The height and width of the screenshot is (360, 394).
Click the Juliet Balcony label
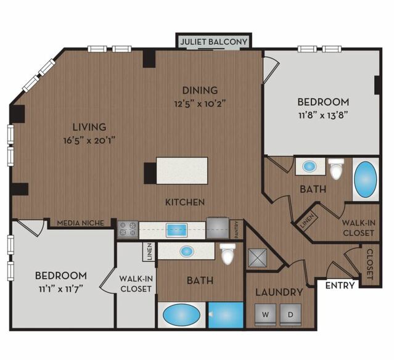coord(213,41)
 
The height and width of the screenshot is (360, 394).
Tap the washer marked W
coord(265,314)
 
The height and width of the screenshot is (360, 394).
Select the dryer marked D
coord(290,314)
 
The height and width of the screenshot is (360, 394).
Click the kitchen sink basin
coord(177,230)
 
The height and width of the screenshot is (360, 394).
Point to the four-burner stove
coord(128,229)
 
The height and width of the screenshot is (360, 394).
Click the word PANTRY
coord(236,230)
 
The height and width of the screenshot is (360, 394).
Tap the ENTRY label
coord(340,285)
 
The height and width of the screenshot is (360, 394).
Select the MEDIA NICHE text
coord(80,223)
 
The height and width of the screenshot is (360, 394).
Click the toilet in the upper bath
coord(336,168)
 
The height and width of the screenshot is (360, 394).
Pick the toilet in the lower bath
coord(228,253)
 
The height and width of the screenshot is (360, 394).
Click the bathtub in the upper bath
coord(366,179)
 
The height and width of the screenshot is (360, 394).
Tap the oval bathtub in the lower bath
coord(182,315)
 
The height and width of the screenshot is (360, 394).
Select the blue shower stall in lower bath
coord(226,315)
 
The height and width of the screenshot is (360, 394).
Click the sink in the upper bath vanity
coord(309,166)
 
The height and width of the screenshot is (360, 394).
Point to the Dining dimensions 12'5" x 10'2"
coord(200,103)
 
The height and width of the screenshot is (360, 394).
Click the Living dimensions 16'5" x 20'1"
coord(89,140)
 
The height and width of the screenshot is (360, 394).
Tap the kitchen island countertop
coord(182,171)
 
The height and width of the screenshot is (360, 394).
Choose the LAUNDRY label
coord(279,292)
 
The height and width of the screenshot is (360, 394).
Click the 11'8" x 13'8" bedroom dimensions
coord(323,115)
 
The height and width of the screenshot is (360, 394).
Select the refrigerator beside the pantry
coord(218,228)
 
